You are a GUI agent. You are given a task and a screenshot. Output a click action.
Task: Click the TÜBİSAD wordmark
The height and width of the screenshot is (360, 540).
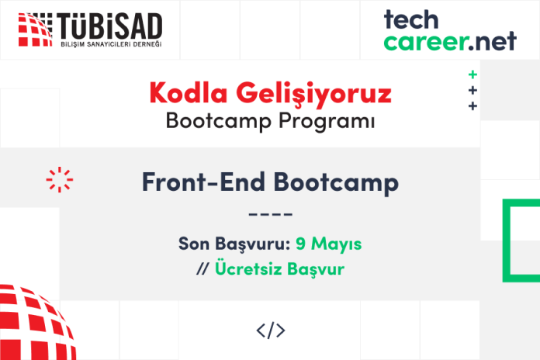coord(110,26)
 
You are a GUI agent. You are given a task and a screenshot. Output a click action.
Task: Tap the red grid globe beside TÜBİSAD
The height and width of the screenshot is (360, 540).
coord(35,29)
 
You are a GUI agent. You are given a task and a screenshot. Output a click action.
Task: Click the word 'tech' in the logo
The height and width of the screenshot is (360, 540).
coord(411,19)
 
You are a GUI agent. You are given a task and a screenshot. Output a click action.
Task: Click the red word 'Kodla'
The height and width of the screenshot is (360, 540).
coord(189,92)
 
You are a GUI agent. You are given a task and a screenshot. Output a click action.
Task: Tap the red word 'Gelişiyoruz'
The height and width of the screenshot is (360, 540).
coord(313,94)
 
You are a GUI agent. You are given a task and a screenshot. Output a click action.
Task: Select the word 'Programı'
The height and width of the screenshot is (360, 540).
coord(327,122)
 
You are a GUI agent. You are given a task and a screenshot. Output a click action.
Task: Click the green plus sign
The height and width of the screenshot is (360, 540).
coord(472,74)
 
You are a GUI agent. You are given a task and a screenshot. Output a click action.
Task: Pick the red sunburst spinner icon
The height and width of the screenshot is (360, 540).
coord(60,179)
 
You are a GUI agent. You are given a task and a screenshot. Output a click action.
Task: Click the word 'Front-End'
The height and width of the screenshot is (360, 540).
coord(203,182)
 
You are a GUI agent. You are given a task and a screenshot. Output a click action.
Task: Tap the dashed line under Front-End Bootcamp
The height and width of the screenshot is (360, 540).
coord(270,214)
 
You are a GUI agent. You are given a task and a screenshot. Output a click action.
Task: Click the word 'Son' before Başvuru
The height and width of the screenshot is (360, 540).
coord(194,244)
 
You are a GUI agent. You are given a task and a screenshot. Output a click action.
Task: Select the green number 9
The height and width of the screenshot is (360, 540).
coord(301,244)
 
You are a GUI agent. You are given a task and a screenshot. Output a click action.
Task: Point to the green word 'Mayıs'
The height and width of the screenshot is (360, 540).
coord(337,244)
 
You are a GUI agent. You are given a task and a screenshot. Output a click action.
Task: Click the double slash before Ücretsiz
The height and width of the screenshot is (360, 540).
coord(202,268)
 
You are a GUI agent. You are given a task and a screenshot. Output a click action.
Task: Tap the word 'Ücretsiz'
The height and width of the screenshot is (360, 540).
coord(248,268)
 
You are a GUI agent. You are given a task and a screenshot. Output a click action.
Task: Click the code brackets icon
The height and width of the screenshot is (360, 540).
coord(271,331)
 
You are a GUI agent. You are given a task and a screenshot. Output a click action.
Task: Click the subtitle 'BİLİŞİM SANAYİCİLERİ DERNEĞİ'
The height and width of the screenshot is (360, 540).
coord(111,44)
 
